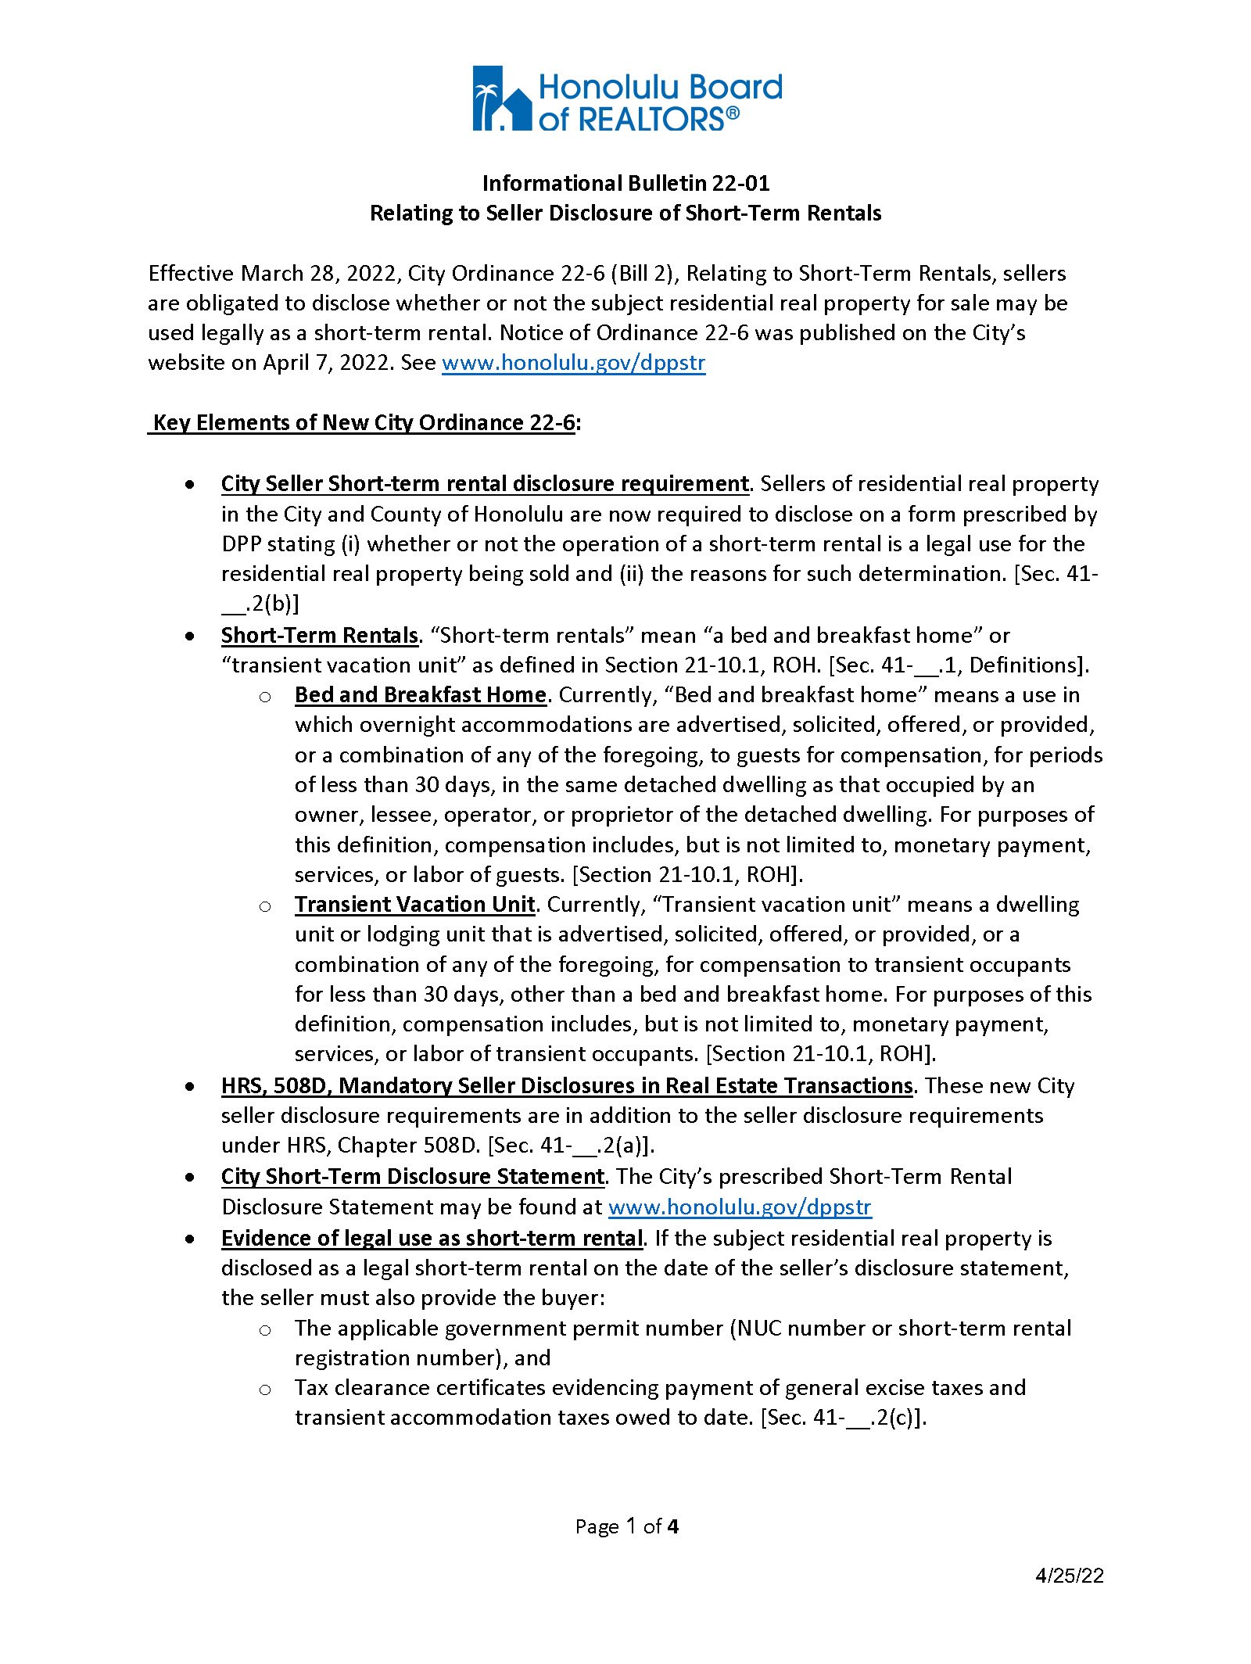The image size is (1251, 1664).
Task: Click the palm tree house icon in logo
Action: (501, 99)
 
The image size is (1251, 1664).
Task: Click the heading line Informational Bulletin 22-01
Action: (625, 183)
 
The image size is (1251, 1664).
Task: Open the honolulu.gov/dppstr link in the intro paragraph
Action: (573, 363)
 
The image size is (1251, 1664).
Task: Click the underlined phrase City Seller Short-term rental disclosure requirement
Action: (485, 484)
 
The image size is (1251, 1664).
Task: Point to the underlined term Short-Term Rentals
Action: (320, 635)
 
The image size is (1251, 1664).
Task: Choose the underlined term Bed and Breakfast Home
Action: (421, 695)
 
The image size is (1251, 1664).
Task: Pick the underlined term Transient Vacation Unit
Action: (415, 905)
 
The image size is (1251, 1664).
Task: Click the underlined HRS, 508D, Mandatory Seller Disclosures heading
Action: (567, 1086)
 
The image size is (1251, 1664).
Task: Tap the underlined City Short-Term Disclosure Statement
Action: (413, 1177)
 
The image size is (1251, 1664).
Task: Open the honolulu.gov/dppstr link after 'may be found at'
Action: (740, 1207)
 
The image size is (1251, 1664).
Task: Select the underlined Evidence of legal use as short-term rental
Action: (432, 1239)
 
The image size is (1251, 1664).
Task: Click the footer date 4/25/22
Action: (1069, 1576)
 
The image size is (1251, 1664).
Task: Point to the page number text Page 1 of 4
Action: (626, 1526)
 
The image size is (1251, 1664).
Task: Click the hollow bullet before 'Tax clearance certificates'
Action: (265, 1390)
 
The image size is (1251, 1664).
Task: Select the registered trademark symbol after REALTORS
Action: (733, 113)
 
